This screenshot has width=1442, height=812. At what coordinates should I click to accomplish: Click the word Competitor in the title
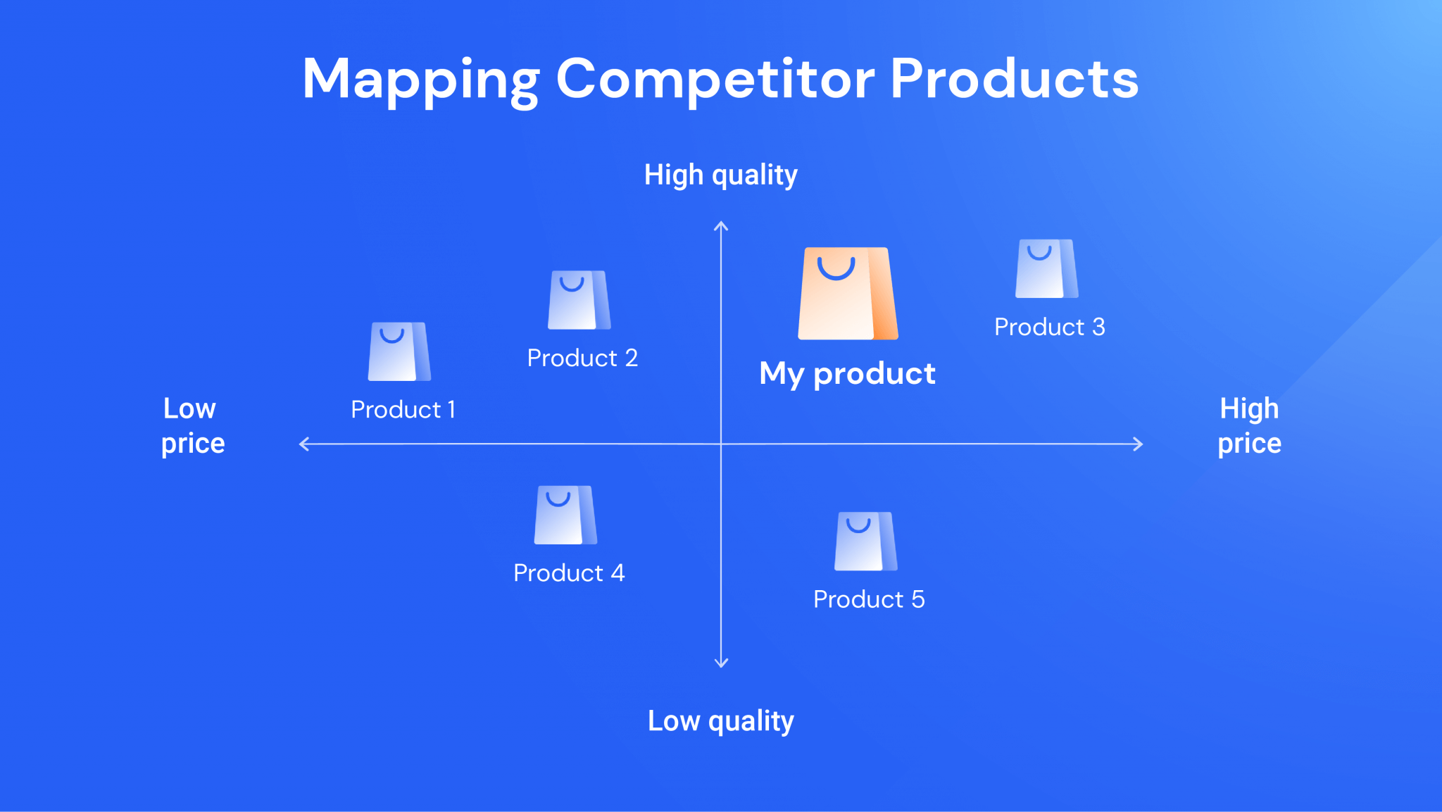click(x=715, y=79)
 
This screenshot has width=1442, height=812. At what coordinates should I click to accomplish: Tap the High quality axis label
click(x=720, y=175)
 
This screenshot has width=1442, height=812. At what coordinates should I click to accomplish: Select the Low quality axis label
click(x=720, y=720)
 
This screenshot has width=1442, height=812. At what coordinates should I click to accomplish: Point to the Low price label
click(x=192, y=425)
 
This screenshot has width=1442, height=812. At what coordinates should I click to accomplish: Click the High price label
click(x=1249, y=425)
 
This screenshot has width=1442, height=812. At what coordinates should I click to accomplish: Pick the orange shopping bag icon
click(x=847, y=294)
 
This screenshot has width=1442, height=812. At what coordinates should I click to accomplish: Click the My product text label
click(x=847, y=373)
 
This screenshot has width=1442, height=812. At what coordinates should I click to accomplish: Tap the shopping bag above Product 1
click(x=399, y=351)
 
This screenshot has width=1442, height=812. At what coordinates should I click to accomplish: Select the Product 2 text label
click(x=582, y=358)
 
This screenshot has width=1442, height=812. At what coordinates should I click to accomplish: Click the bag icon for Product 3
click(x=1046, y=268)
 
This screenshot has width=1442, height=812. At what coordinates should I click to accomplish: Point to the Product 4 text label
click(x=569, y=573)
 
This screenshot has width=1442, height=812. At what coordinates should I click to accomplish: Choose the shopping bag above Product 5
click(x=865, y=541)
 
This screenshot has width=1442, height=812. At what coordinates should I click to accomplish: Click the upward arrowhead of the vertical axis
click(x=721, y=225)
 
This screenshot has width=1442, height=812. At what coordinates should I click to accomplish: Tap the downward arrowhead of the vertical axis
click(x=721, y=663)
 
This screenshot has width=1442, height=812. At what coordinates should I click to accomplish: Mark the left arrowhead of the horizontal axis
click(x=303, y=444)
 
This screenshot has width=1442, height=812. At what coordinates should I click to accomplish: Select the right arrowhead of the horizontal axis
click(x=1139, y=444)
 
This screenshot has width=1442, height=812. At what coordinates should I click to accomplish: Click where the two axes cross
click(x=721, y=444)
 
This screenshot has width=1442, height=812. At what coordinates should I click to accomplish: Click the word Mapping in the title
click(x=420, y=79)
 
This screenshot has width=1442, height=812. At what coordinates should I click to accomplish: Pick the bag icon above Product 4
click(x=565, y=515)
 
